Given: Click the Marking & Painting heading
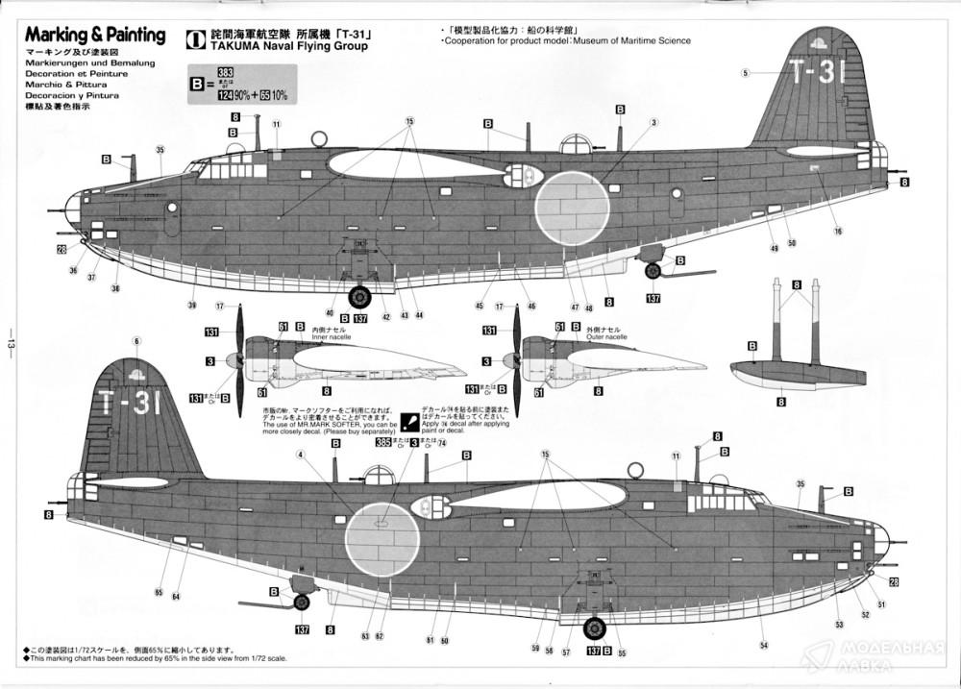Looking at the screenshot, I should [95, 36].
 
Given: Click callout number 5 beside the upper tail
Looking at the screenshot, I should [745, 73].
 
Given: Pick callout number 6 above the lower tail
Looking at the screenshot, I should [136, 342].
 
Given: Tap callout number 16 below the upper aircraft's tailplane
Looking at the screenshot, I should [838, 231].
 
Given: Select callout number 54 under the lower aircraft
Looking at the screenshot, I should [763, 645].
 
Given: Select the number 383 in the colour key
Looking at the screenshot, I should [226, 72].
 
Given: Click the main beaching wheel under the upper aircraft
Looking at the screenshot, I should [359, 300].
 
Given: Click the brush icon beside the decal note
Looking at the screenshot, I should [409, 419].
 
